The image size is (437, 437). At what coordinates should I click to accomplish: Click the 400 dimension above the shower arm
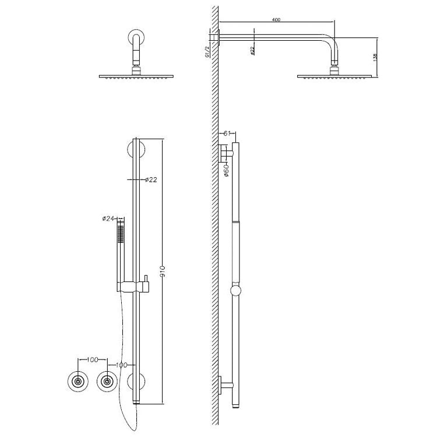tap(276, 21)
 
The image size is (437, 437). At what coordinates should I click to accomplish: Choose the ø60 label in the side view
tap(227, 170)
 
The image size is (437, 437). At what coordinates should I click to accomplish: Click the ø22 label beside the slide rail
tap(151, 179)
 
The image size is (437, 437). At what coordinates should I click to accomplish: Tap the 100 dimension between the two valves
tap(92, 360)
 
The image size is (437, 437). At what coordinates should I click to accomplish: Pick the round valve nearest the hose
tap(106, 382)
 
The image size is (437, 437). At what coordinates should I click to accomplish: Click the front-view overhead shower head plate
tap(137, 76)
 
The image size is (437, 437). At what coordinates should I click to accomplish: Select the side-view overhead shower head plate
tap(334, 76)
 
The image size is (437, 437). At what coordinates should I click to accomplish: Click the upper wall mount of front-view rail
tap(136, 151)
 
